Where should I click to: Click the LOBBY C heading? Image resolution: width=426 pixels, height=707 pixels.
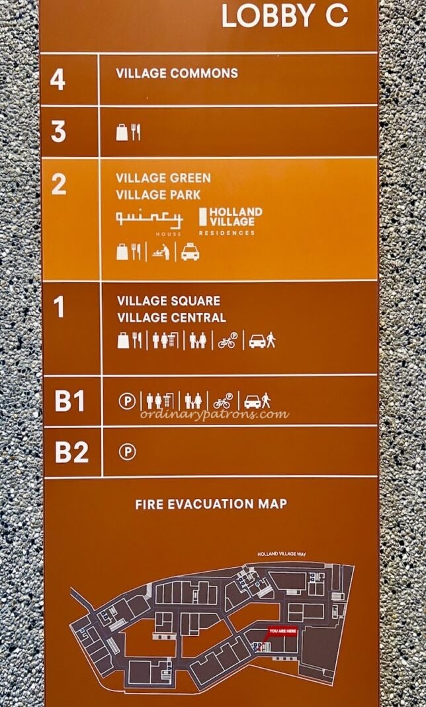click(284, 17)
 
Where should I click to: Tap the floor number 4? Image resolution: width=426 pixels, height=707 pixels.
click(58, 80)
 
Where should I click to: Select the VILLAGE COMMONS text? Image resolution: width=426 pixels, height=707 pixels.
click(177, 74)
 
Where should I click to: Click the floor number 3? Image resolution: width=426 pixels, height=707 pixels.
click(59, 131)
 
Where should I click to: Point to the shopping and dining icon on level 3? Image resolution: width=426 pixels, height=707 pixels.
click(128, 132)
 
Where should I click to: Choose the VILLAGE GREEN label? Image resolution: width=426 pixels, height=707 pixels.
click(163, 178)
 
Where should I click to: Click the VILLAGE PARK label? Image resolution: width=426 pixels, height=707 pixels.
click(159, 195)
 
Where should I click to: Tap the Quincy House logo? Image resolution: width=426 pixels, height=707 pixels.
click(149, 221)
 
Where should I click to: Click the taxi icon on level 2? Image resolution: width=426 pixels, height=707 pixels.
click(191, 252)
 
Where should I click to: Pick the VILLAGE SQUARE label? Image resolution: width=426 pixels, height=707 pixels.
click(169, 301)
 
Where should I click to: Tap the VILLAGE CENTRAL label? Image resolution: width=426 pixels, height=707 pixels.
click(171, 317)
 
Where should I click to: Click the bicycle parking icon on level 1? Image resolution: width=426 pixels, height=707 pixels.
click(226, 341)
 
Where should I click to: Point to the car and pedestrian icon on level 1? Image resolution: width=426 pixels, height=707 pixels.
click(262, 341)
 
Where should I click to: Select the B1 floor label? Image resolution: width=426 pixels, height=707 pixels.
click(71, 402)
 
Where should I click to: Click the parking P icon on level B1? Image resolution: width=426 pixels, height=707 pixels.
click(126, 401)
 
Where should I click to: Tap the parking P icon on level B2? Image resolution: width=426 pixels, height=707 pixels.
click(126, 452)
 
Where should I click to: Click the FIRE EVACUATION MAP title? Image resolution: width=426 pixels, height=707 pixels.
click(211, 504)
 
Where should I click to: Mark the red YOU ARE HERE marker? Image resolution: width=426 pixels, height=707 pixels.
click(283, 631)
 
